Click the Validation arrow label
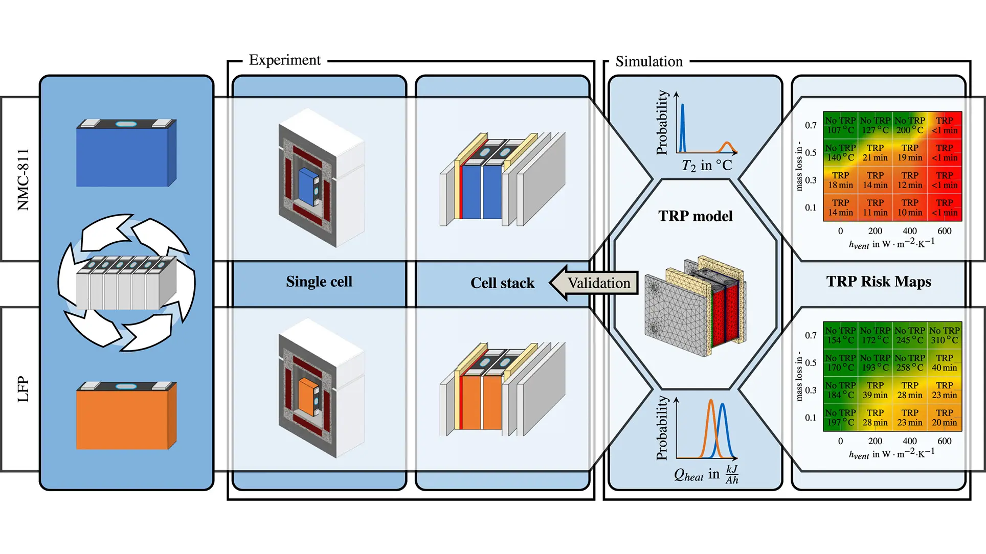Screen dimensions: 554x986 point(599,283)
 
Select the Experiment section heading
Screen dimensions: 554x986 point(284,60)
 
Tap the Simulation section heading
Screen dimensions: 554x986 point(648,62)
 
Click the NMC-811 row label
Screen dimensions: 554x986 point(23,179)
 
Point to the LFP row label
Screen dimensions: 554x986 point(23,389)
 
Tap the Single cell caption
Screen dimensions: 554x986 point(319,282)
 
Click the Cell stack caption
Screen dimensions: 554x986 point(502,283)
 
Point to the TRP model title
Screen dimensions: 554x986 point(695,216)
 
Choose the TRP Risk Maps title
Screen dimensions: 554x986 point(878,282)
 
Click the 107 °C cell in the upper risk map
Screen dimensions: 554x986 point(840,125)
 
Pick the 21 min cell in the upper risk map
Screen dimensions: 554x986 point(875,153)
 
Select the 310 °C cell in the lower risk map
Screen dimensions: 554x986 point(945,335)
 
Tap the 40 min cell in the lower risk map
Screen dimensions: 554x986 point(945,363)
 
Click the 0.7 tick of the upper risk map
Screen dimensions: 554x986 point(811,125)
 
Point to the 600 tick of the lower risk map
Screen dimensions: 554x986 point(944,441)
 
